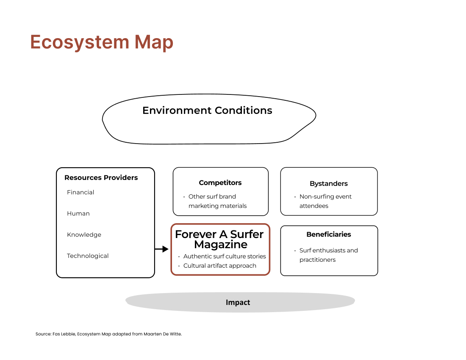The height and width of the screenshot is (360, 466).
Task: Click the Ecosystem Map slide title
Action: pos(102,42)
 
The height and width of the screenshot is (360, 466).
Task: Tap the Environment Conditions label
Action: pos(207,111)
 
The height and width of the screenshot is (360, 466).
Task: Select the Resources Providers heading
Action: pos(101,177)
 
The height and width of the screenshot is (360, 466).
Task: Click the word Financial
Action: pos(80,192)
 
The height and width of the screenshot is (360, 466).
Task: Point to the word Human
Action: pos(78,213)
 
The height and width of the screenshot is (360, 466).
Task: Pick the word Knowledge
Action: pos(84,235)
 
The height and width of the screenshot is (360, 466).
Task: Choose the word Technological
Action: pos(88,256)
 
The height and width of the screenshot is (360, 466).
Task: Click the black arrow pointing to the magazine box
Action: pos(162,249)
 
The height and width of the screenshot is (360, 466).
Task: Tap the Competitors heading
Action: pos(220,183)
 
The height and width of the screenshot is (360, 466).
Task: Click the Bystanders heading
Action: pos(329,183)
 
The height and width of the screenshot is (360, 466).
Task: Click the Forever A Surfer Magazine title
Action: pos(219,239)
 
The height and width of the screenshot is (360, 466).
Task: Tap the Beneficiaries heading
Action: pos(329,234)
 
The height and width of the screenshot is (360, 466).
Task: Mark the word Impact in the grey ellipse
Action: pos(238,302)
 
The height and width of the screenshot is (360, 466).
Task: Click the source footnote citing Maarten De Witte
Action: pos(108,334)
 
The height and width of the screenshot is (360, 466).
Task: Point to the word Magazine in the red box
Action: pos(221,244)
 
